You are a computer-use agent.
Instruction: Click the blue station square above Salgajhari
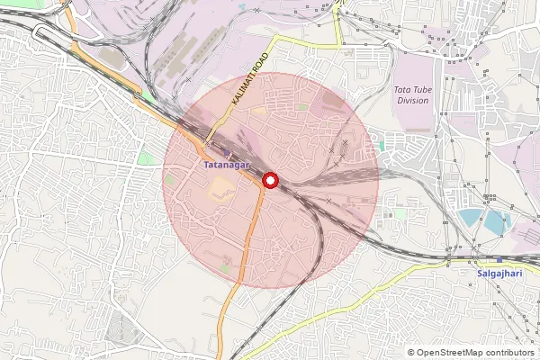pos(499,259)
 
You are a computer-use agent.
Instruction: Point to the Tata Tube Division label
pos(412,95)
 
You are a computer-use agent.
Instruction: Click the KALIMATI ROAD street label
pos(250,81)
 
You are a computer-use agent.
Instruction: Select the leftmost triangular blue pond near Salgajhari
pos(470,217)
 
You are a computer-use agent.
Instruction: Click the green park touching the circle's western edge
pos(170,179)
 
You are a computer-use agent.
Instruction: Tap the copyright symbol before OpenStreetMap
pos(411,353)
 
